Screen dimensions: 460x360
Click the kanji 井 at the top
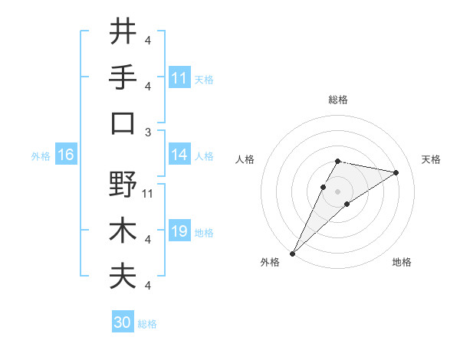click(123, 31)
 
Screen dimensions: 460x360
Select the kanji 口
click(123, 123)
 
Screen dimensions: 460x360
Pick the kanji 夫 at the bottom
click(123, 277)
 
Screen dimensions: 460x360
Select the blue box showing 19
click(179, 232)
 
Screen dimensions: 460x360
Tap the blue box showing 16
click(66, 155)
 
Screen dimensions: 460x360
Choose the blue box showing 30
click(123, 323)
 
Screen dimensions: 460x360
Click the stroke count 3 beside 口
click(148, 132)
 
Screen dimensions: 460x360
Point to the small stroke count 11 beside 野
click(148, 193)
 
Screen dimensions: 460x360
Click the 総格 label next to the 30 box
click(147, 324)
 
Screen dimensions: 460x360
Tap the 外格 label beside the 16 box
click(40, 156)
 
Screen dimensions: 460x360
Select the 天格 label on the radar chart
click(432, 159)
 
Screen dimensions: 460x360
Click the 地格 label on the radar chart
click(402, 263)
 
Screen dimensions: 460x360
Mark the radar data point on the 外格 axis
click(292, 253)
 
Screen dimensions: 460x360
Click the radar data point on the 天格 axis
click(396, 172)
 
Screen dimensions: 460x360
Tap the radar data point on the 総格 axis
click(337, 161)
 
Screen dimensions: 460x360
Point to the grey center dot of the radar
click(337, 191)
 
